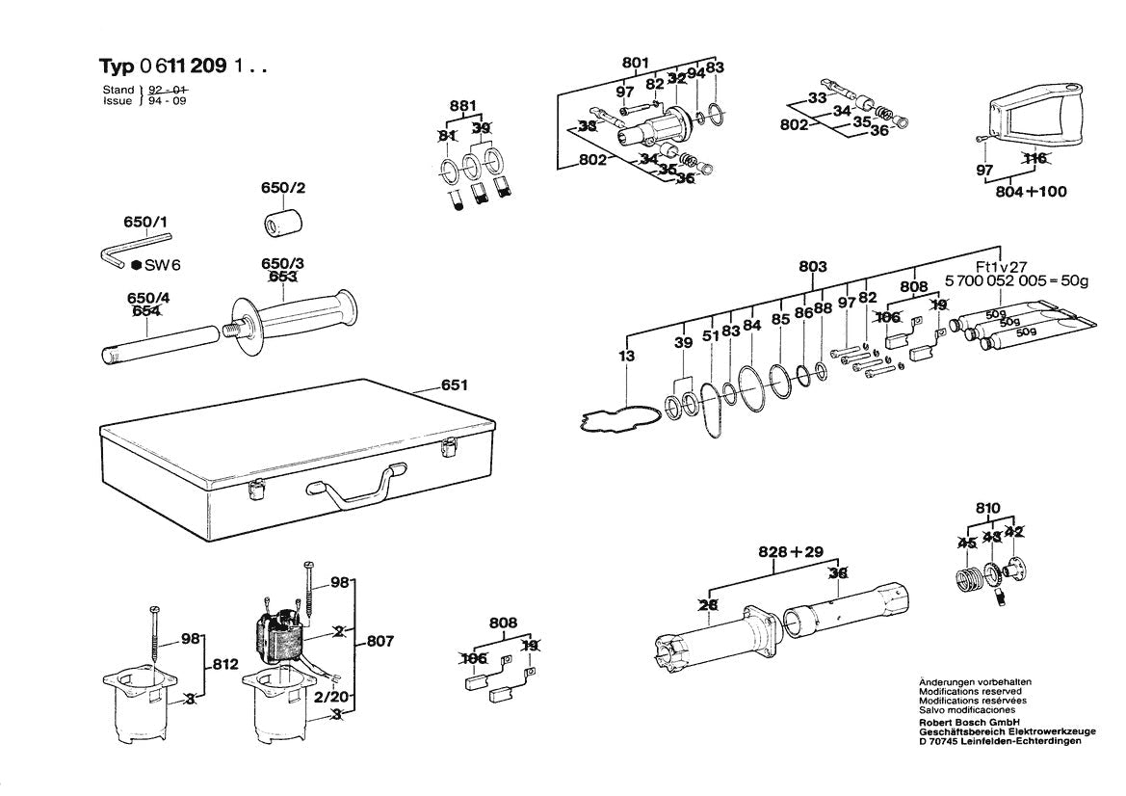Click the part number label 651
(x=454, y=385)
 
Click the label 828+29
(x=792, y=552)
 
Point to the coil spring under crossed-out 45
(x=967, y=581)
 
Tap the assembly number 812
(x=224, y=664)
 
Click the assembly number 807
(x=379, y=641)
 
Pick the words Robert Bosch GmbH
(x=965, y=722)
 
